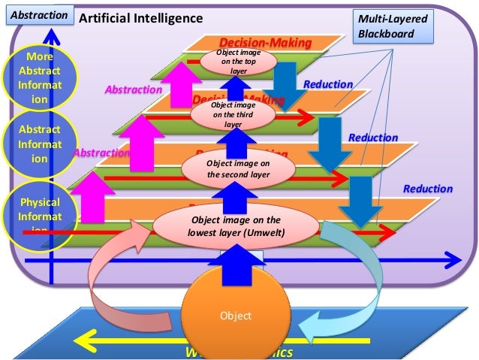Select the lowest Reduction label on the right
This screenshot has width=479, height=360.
tap(428, 189)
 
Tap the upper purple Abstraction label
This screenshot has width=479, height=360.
tap(133, 89)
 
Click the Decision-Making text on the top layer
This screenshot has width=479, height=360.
tap(264, 43)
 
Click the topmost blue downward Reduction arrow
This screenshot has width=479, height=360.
tap(285, 77)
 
